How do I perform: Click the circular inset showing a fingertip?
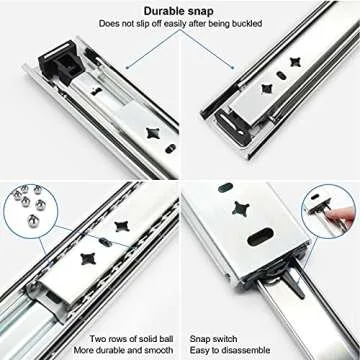[x=329, y=211]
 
